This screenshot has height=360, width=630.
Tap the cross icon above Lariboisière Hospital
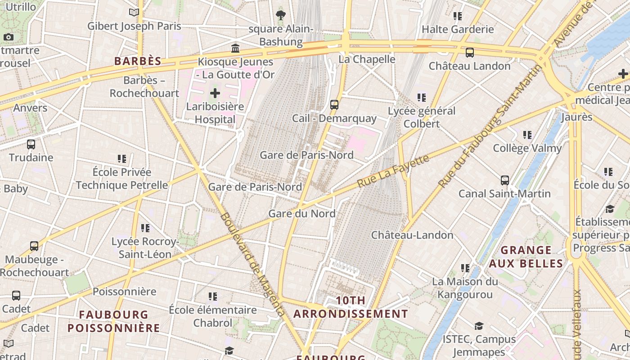215,93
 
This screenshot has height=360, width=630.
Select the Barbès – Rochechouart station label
144,87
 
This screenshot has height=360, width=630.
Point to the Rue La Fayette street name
393,171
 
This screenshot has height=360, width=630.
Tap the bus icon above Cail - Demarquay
334,104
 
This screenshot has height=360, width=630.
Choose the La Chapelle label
367,59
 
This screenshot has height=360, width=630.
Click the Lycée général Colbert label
422,117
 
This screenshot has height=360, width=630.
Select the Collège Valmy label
527,148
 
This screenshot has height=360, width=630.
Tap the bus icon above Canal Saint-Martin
505,180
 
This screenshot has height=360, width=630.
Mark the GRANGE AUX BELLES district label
526,256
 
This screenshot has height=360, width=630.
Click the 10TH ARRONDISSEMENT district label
351,307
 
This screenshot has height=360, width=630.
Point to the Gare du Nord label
302,213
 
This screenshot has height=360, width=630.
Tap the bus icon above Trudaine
31,144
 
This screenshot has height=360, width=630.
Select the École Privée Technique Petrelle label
122,179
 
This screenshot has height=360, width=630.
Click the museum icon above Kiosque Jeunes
235,48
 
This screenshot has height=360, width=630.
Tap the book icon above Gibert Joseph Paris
134,13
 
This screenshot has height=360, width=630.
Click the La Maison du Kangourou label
465,288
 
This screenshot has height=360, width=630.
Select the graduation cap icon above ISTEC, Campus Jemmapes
479,326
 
